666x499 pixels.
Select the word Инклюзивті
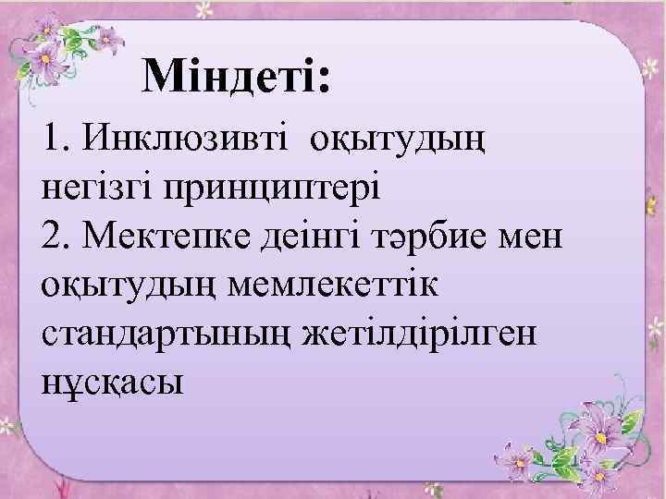[185, 141]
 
